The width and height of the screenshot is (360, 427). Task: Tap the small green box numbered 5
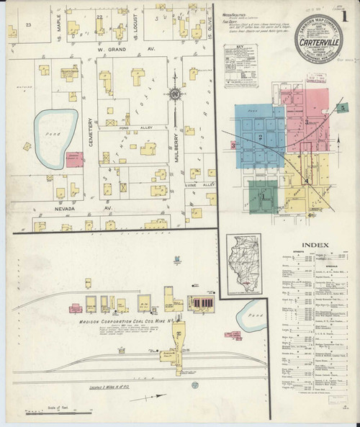point(343,107)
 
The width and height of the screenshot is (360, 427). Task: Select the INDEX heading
point(316,245)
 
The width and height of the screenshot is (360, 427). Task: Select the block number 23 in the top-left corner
point(29,25)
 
